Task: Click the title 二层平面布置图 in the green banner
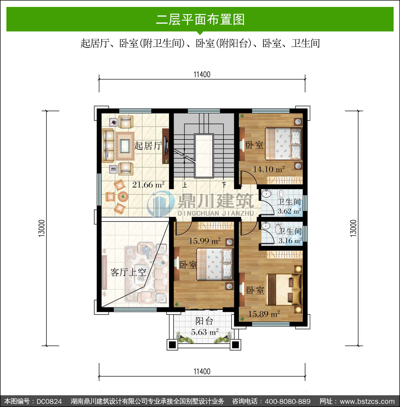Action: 200,19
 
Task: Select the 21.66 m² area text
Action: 148,184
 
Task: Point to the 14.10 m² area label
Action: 269,169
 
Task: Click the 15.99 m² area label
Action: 205,241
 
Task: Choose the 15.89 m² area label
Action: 264,314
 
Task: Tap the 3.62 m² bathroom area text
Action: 289,211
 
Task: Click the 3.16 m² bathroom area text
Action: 290,241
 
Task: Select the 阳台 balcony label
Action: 204,321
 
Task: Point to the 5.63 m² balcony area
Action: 205,332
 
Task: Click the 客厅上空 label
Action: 128,272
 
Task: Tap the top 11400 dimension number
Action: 202,74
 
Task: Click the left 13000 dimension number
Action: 42,228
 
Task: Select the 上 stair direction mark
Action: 184,184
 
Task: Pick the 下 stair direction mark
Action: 224,184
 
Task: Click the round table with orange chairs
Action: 123,197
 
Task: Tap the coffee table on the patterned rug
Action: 125,146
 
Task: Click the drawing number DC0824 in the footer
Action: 49,401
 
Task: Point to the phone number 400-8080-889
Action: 288,401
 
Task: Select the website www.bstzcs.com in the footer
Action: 367,401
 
